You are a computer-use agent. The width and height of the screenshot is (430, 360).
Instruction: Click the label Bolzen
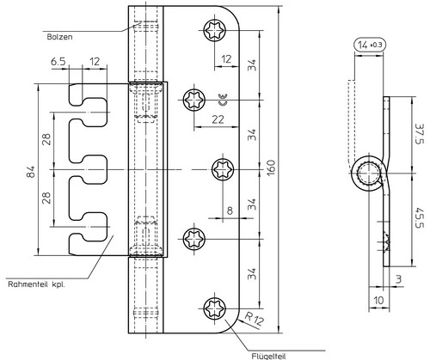pyautogui.click(x=59, y=37)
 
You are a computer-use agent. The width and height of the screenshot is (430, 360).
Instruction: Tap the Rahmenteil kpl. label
pyautogui.click(x=36, y=284)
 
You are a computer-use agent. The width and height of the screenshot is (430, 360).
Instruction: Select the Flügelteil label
pyautogui.click(x=268, y=356)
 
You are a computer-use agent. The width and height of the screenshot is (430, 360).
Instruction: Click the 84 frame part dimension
pyautogui.click(x=31, y=171)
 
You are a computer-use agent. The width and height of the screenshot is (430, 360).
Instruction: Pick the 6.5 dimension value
pyautogui.click(x=58, y=62)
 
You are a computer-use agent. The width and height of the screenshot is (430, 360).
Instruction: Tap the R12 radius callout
pyautogui.click(x=254, y=319)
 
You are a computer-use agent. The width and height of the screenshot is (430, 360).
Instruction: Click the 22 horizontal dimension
pyautogui.click(x=218, y=119)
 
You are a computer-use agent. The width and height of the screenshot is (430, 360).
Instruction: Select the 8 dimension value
pyautogui.click(x=230, y=211)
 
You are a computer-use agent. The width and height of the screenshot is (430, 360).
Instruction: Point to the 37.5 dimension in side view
pyautogui.click(x=419, y=134)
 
